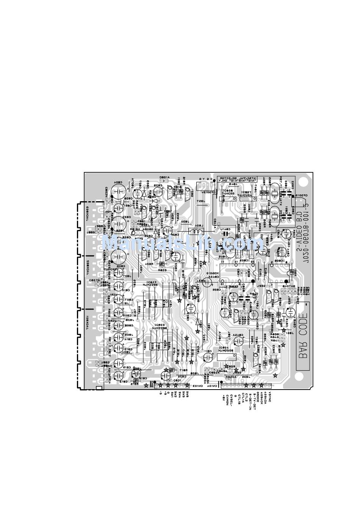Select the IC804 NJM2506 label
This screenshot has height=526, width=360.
(227, 349)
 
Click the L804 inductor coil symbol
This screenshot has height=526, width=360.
(196, 232)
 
